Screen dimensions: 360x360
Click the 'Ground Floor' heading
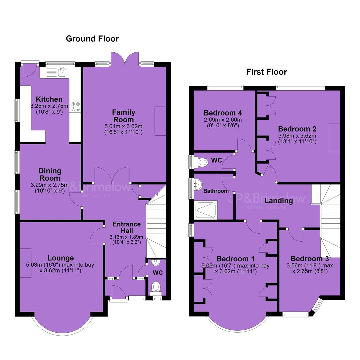(x=92, y=39)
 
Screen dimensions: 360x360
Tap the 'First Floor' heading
(x=267, y=72)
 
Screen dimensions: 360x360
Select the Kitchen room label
(x=49, y=99)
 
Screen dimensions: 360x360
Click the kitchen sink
(x=62, y=72)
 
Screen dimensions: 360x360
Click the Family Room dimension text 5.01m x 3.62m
(x=124, y=126)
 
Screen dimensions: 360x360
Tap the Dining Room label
(x=50, y=174)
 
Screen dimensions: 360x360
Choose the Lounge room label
(x=61, y=258)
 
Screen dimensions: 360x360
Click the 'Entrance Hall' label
(x=127, y=227)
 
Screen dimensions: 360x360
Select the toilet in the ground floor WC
(x=156, y=288)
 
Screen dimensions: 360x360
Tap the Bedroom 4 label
(x=223, y=113)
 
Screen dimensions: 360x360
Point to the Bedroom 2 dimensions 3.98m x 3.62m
(x=297, y=136)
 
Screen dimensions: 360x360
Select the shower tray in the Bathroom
(x=206, y=210)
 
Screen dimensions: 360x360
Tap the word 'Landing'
(x=278, y=201)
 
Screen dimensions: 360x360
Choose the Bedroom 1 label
(x=236, y=259)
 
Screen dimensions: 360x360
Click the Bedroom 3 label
(x=310, y=259)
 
